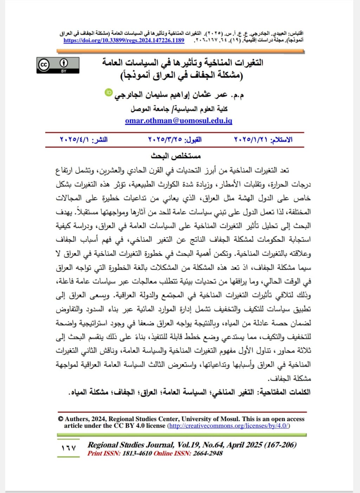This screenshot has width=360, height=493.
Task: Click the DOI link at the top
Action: tap(124, 40)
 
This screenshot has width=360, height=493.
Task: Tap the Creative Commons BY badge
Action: tap(58, 65)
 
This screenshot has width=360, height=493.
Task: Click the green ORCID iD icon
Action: tap(109, 92)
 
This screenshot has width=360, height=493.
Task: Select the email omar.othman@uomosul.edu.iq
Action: tap(179, 121)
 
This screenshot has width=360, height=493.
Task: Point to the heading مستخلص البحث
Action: tap(176, 156)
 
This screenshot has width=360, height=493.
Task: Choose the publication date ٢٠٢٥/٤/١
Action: tap(75, 140)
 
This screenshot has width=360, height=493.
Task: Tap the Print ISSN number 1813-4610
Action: tap(137, 453)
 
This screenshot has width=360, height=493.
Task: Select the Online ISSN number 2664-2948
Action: tap(207, 453)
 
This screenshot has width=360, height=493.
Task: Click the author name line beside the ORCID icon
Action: tap(179, 95)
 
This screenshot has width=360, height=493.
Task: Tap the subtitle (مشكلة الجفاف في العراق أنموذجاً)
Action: tap(181, 75)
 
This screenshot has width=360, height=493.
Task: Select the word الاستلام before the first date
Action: tap(282, 140)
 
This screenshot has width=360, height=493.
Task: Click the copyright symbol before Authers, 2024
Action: tap(60, 419)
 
